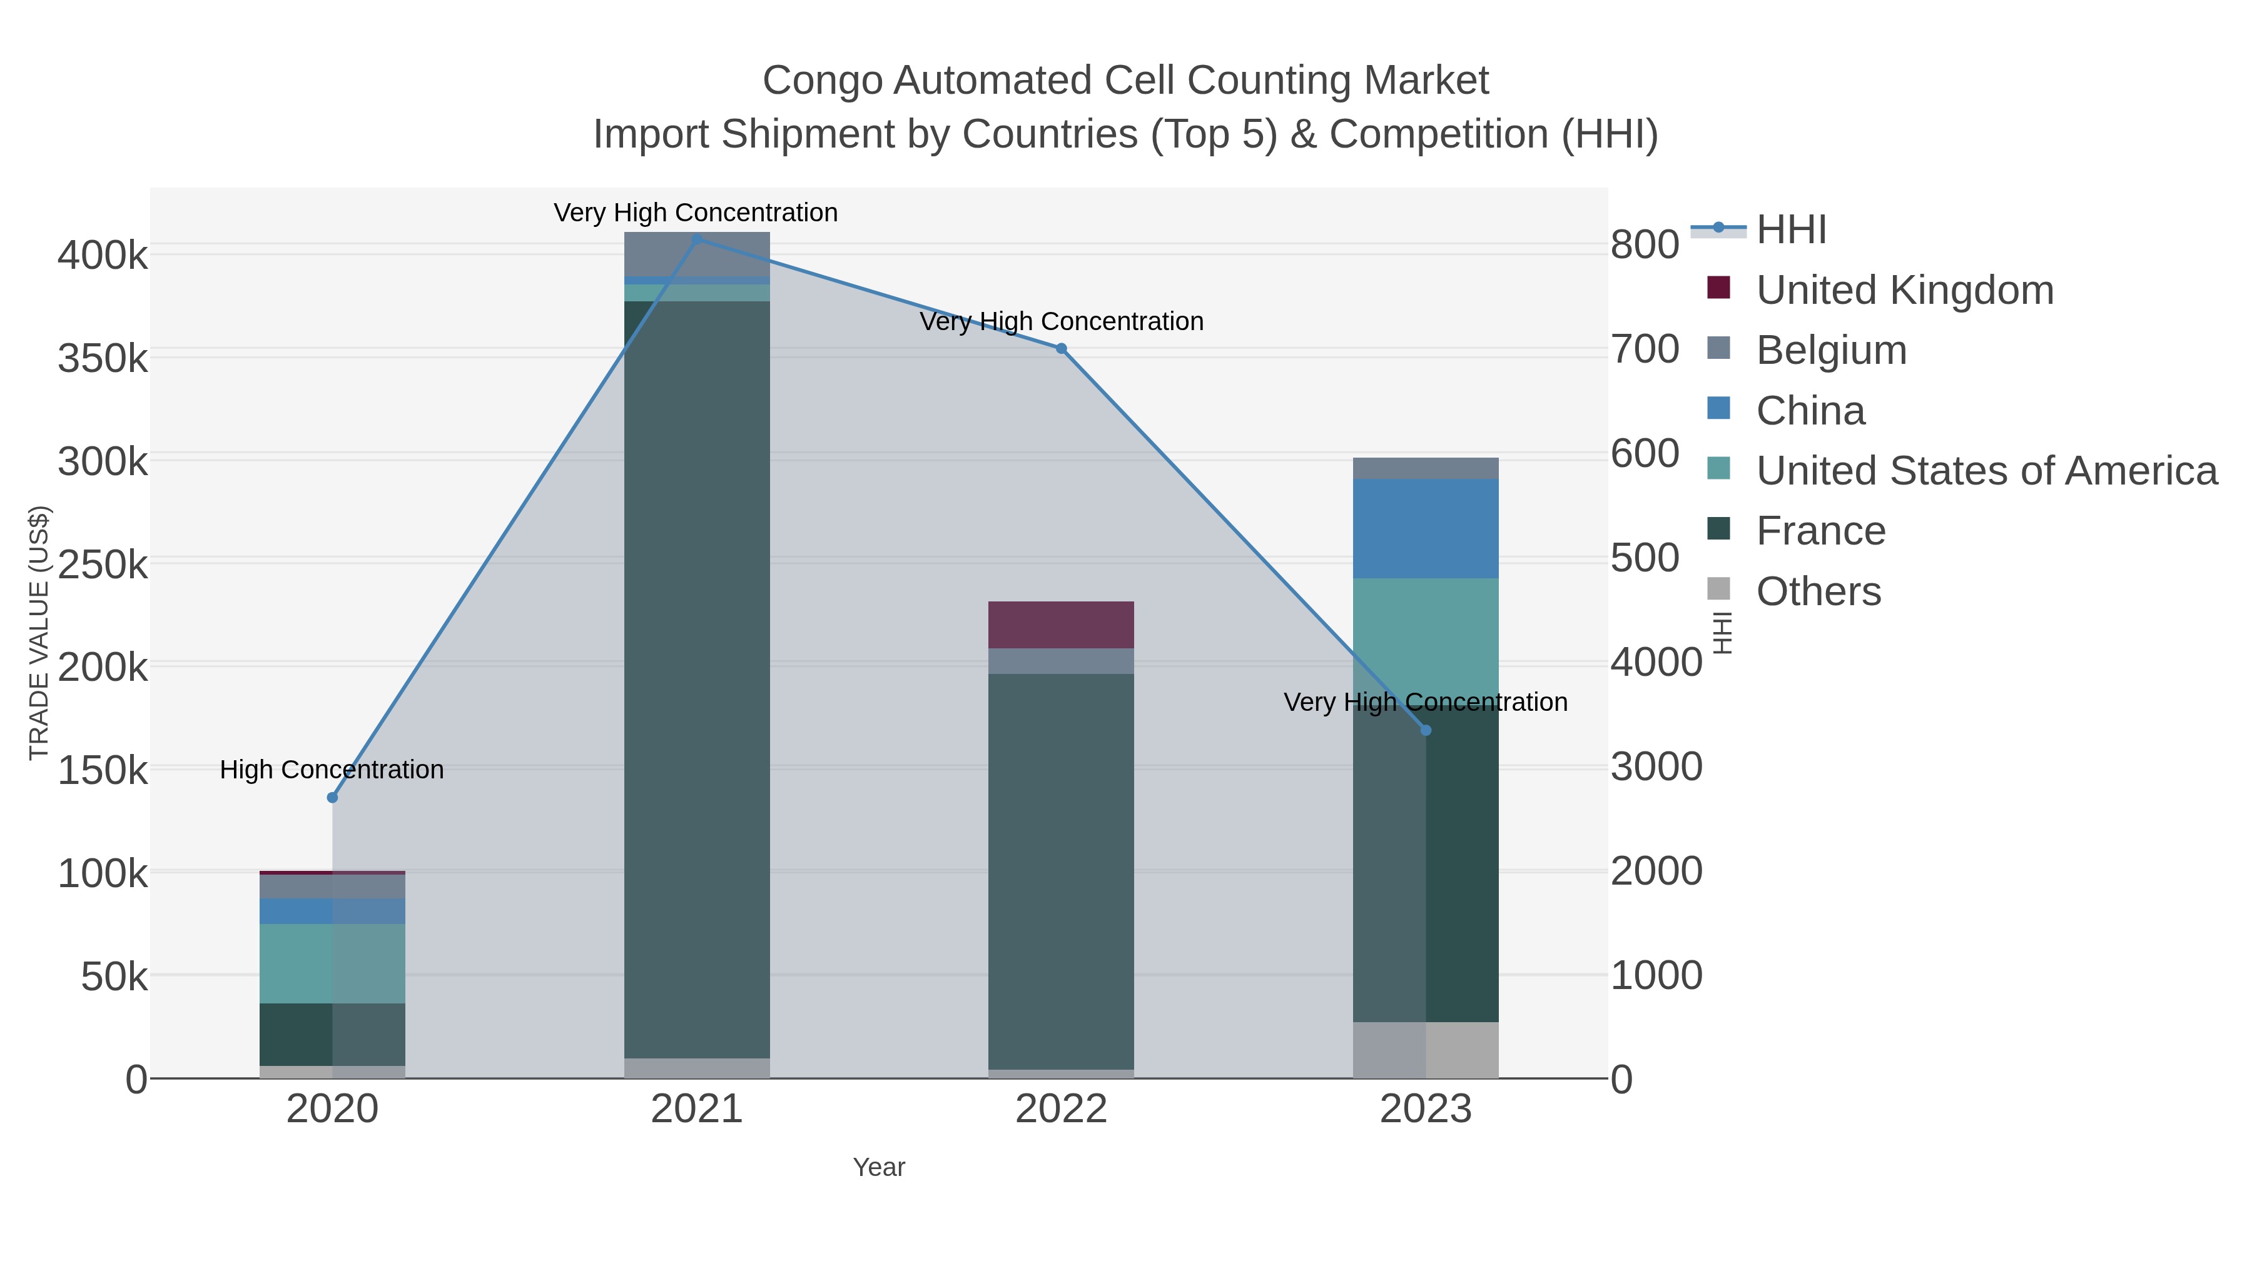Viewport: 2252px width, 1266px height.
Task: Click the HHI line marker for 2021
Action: point(697,239)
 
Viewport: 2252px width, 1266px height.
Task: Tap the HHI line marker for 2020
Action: point(332,798)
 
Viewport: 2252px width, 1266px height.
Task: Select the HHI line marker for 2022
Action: point(1062,349)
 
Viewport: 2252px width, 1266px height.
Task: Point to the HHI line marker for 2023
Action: point(1426,730)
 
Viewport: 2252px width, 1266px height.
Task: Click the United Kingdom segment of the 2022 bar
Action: point(1062,625)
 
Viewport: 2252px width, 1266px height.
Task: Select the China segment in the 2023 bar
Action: point(1426,528)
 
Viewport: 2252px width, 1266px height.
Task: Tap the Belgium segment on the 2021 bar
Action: point(697,254)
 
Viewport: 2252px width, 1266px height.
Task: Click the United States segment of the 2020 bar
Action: point(332,963)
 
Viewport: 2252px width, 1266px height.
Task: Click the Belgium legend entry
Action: point(1832,350)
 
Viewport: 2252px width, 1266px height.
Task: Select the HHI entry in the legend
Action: point(1792,230)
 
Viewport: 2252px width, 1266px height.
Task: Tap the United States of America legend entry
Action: point(1986,471)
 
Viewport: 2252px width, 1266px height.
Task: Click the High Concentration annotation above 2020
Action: point(332,770)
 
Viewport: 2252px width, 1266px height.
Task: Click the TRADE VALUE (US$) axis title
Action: point(39,633)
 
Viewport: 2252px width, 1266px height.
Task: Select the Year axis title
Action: point(879,1167)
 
